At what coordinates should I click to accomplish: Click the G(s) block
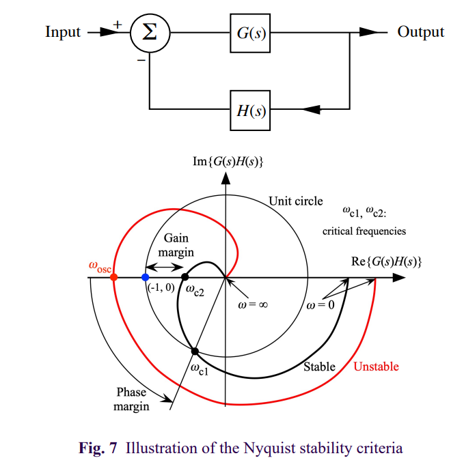(248, 32)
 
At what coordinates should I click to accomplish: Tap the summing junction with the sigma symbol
(150, 32)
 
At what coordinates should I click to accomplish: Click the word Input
(63, 32)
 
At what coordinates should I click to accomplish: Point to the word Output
(420, 32)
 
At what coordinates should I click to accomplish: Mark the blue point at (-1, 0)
(145, 277)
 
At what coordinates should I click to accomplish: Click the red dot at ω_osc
(114, 277)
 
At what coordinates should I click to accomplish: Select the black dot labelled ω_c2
(185, 277)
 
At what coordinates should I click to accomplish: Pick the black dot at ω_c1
(195, 351)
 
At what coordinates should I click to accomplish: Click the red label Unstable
(376, 367)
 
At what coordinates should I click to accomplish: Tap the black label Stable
(319, 367)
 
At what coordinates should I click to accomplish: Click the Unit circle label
(295, 201)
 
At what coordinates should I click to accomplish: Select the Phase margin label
(132, 400)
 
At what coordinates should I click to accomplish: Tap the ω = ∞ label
(252, 305)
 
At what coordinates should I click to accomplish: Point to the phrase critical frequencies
(364, 231)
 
